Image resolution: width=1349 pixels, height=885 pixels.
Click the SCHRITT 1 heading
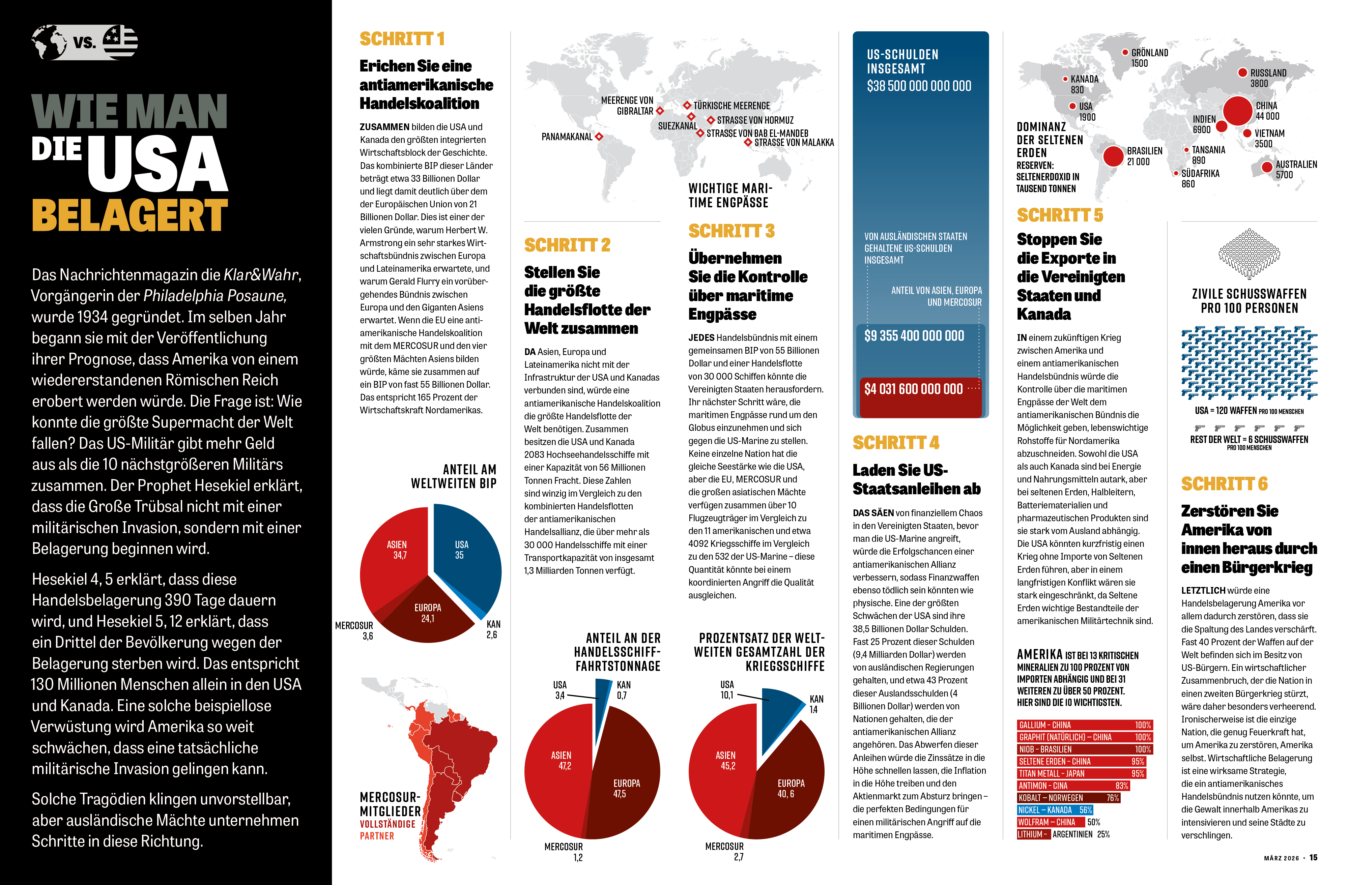pyautogui.click(x=402, y=39)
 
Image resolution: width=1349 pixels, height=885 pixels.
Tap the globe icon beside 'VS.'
pyautogui.click(x=49, y=42)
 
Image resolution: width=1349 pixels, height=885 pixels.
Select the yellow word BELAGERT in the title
pyautogui.click(x=130, y=215)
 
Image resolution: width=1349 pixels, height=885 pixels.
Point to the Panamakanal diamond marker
pyautogui.click(x=599, y=137)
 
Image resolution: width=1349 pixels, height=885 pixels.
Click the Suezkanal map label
pyautogui.click(x=677, y=126)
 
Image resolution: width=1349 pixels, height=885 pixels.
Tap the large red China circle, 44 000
pyautogui.click(x=1237, y=111)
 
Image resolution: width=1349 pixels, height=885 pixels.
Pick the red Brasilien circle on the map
pyautogui.click(x=1113, y=156)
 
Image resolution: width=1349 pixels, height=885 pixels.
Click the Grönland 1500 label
pyautogui.click(x=1149, y=58)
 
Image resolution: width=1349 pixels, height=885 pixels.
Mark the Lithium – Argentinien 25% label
pyautogui.click(x=1063, y=834)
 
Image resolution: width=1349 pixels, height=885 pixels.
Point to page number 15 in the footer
pyautogui.click(x=1313, y=858)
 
